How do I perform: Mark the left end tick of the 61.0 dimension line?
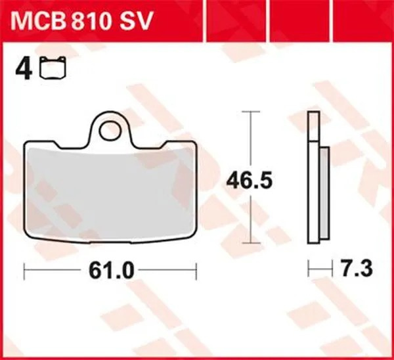coord(24,269)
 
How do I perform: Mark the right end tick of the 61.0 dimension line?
coord(196,269)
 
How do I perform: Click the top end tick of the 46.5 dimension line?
coord(248,113)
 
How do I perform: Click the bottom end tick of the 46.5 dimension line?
coord(248,241)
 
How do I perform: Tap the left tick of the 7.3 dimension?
coord(309,269)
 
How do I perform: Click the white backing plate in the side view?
coord(314,177)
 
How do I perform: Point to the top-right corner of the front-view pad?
coord(195,145)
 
